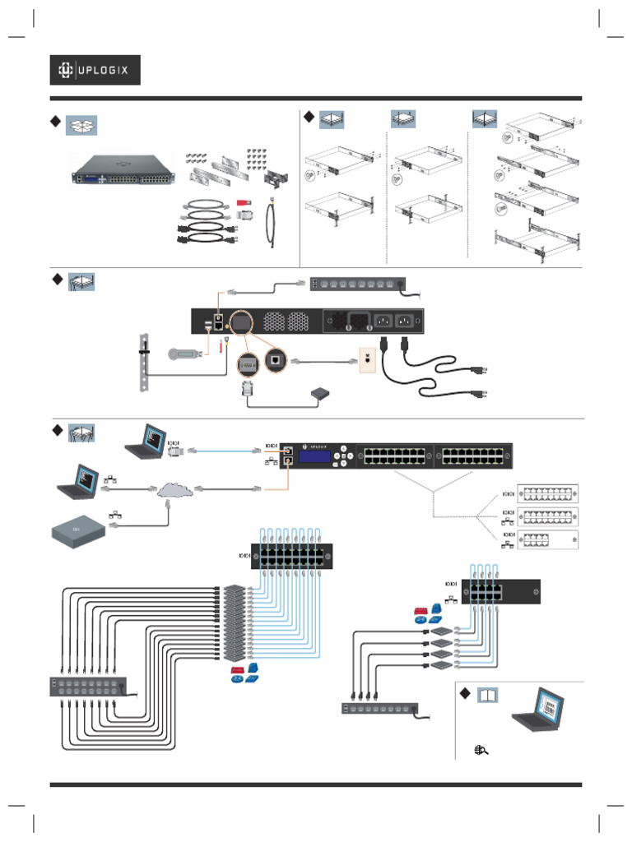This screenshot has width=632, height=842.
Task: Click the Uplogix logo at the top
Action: coord(95,71)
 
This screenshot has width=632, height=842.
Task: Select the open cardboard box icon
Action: coord(81,125)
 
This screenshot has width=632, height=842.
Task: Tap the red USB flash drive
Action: coord(244,202)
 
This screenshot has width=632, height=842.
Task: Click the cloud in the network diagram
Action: coord(175,490)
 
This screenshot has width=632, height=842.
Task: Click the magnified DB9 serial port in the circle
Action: coord(248,362)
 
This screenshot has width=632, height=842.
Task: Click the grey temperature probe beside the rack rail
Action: coord(182,354)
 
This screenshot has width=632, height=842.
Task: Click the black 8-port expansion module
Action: coord(500,592)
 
